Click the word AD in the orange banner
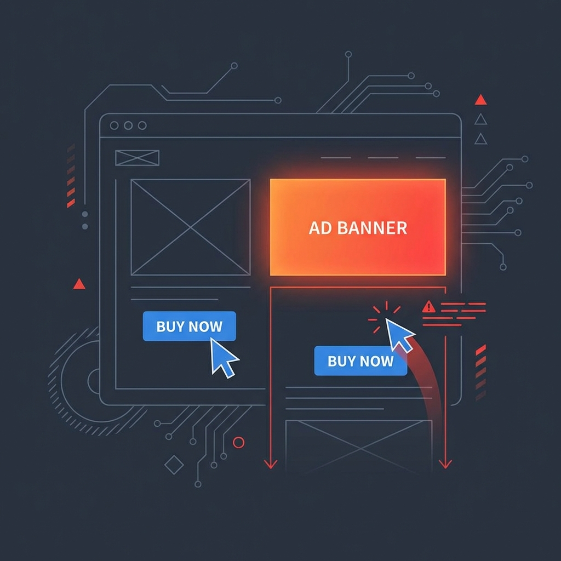(x=320, y=228)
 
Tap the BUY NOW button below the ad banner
(x=360, y=361)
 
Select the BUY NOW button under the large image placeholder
(x=189, y=327)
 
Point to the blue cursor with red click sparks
(x=399, y=334)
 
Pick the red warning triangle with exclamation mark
(x=429, y=307)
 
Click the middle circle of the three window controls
(x=128, y=125)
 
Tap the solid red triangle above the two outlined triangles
(x=480, y=100)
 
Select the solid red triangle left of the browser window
(x=79, y=284)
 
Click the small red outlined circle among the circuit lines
(x=238, y=442)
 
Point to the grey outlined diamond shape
(x=174, y=465)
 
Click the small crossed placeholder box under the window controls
(x=137, y=158)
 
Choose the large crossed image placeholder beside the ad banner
(x=190, y=227)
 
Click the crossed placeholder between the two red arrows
(x=359, y=446)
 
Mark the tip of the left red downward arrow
(x=270, y=468)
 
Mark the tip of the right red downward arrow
(x=445, y=468)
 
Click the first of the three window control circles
(x=114, y=125)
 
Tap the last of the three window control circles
(x=142, y=125)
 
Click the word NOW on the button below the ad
(x=378, y=361)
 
